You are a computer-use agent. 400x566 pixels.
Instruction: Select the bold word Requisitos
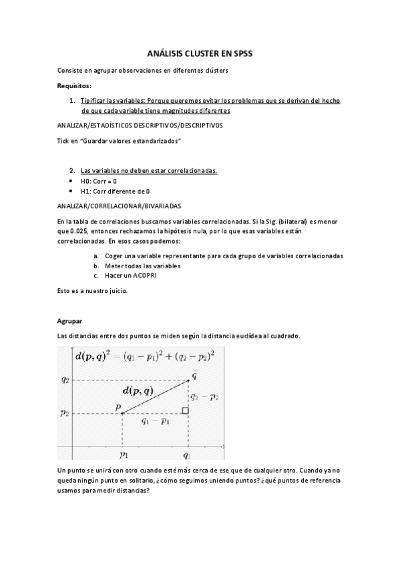(74, 86)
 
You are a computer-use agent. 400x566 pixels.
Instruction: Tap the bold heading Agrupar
(69, 321)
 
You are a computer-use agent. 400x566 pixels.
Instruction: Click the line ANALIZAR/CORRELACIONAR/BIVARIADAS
(119, 206)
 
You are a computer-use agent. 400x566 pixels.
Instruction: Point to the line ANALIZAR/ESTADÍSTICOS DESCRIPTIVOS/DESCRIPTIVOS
(140, 125)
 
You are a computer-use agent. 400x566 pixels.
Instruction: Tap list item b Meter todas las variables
(142, 266)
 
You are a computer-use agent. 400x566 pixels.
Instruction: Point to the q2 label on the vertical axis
(65, 380)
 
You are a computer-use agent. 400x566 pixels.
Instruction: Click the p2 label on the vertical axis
(65, 413)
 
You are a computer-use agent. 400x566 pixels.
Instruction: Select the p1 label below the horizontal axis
(124, 455)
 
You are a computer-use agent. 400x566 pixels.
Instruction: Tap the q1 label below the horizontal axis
(188, 455)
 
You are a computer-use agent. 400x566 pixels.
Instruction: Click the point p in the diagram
(122, 413)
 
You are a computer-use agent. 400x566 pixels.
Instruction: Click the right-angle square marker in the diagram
(185, 410)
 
